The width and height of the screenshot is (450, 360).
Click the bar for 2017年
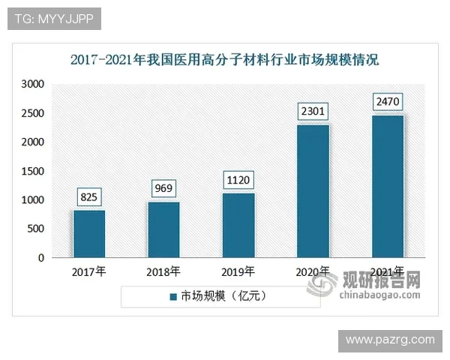(88, 234)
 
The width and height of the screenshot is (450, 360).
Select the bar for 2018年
(163, 229)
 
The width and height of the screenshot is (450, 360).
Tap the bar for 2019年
(238, 225)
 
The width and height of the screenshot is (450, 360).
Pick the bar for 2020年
(313, 191)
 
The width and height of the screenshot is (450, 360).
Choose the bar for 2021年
(388, 186)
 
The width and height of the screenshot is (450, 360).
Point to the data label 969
(163, 187)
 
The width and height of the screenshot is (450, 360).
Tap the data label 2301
(313, 112)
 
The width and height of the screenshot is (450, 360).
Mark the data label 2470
(388, 101)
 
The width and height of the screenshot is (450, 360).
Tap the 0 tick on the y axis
(41, 259)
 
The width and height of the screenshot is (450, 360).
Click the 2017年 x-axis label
(88, 271)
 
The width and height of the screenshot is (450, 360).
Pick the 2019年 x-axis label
(238, 271)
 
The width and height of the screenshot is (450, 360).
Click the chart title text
(225, 58)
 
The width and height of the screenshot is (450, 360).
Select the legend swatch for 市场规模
(172, 295)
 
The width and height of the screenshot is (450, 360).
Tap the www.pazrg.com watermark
(389, 340)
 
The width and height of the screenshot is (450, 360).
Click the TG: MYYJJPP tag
(54, 18)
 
